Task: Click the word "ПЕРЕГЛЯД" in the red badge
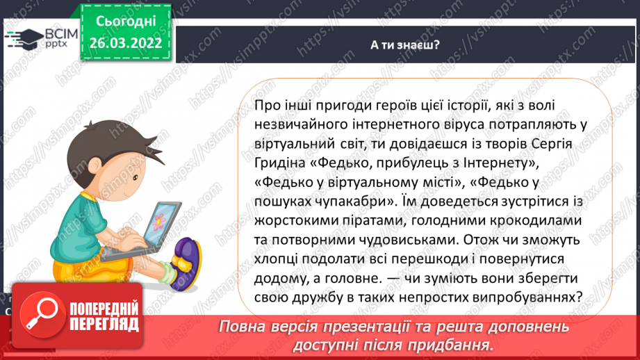tap(104, 325)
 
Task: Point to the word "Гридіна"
tap(281, 164)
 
